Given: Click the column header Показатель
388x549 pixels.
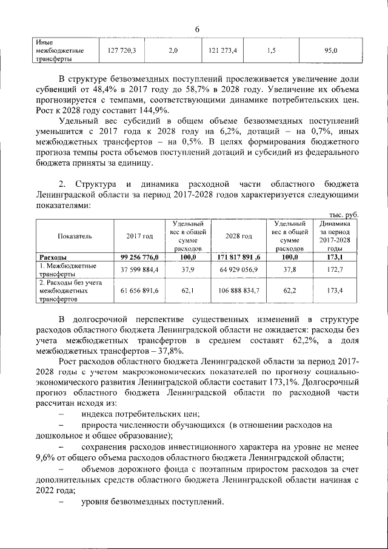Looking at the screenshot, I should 75,236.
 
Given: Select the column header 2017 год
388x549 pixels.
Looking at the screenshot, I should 139,236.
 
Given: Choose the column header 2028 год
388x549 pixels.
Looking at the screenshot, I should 238,236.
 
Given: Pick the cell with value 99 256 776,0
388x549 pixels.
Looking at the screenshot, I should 139,257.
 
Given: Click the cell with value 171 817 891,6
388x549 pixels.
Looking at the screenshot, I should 238,257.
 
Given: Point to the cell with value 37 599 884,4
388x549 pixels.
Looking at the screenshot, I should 139,269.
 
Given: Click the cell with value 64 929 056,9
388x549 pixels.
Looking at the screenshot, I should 238,269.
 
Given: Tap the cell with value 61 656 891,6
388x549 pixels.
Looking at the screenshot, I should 139,291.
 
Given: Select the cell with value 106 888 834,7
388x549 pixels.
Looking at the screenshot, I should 238,291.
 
